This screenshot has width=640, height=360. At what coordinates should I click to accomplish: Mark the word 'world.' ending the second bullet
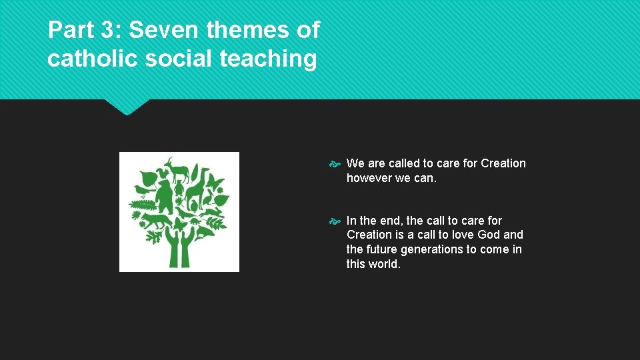pos(385,263)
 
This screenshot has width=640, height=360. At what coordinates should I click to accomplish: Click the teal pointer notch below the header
pos(127,107)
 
